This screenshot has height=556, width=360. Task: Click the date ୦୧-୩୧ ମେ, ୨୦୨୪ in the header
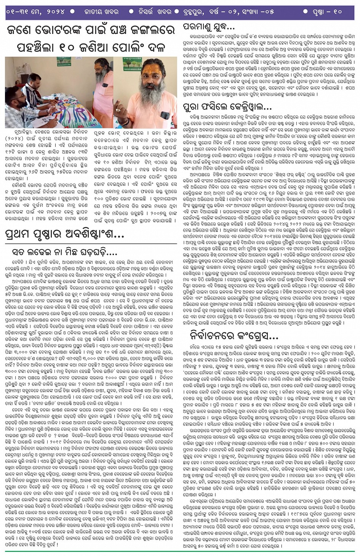(35, 11)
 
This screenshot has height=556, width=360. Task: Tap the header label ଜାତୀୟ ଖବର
(101, 11)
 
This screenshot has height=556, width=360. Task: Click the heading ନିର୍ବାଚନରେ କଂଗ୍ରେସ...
(234, 336)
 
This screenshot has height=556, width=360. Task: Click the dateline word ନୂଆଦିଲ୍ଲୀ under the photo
(17, 133)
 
